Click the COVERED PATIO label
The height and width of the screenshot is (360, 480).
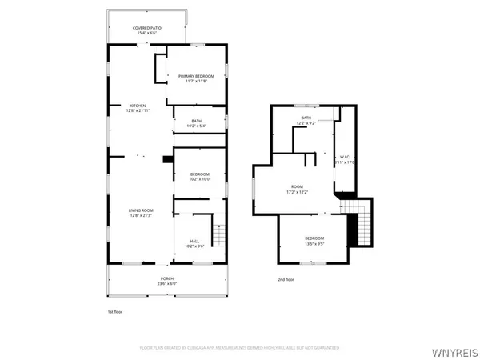point(147,28)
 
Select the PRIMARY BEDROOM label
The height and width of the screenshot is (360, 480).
point(196,76)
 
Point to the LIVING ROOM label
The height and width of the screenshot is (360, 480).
point(141,210)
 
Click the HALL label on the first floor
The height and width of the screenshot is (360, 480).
point(194,240)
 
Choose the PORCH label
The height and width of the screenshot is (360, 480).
point(166,278)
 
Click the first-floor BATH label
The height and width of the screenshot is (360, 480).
point(195,121)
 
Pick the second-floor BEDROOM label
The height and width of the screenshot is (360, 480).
point(314,238)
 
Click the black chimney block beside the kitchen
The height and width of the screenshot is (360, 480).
point(167,158)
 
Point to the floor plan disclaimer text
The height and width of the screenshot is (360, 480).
point(240,348)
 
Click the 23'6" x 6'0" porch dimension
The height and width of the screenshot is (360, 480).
point(166,283)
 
